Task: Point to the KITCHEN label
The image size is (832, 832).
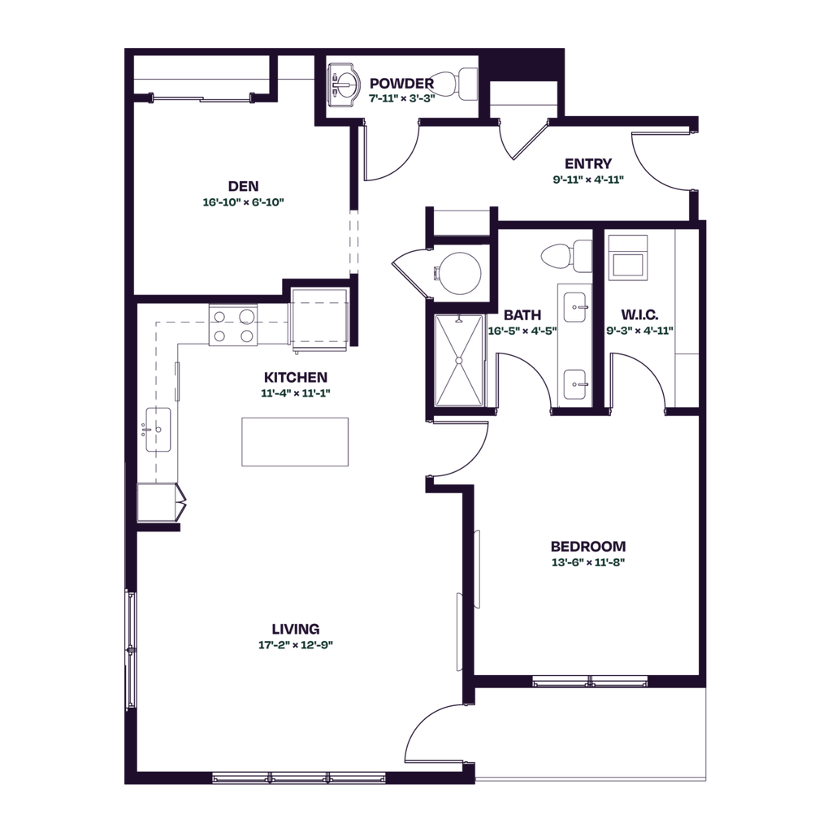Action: click(296, 377)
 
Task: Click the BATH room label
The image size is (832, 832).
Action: click(520, 315)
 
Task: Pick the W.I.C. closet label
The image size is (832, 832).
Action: click(639, 315)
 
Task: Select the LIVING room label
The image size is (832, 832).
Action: click(296, 628)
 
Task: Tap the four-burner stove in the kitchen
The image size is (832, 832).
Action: click(234, 325)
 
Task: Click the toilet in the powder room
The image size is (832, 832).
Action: click(458, 84)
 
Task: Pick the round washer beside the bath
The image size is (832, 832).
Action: click(458, 271)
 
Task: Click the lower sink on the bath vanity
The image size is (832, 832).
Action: click(576, 382)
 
